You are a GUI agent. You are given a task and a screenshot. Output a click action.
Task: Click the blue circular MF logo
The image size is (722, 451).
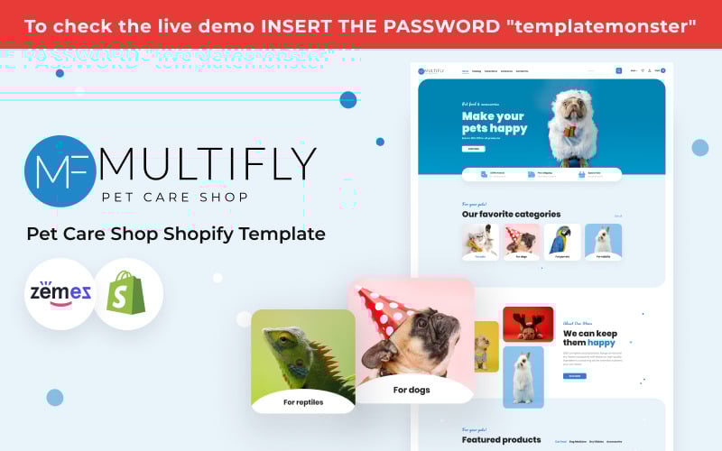coord(60,171)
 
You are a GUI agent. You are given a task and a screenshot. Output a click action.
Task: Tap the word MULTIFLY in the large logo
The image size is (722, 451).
coord(208,164)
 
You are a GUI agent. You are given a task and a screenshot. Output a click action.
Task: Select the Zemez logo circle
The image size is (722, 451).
coord(60,293)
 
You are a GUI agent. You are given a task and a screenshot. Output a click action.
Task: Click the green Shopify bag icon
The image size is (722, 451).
coord(127,293)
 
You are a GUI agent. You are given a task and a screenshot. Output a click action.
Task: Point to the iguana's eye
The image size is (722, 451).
coord(287,341)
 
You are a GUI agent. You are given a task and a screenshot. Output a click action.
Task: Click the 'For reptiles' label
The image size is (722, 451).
coord(303,402)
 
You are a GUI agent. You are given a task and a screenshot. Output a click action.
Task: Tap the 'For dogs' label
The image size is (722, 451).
coord(412,390)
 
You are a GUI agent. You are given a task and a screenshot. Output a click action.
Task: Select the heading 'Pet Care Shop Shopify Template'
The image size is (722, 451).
coord(175,234)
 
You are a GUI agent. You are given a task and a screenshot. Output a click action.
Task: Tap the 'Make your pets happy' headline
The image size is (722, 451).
coord(494,122)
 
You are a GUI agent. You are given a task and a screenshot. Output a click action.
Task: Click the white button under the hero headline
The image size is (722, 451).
coord(473,148)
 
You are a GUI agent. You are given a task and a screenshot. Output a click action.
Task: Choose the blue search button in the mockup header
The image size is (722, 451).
coord(619,70)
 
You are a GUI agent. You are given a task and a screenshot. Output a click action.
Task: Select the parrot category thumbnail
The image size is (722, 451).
coord(562,242)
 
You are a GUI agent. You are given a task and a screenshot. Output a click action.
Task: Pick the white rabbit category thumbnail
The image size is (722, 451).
coord(602,242)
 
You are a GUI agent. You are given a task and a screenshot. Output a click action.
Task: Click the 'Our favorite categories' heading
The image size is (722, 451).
coord(511,215)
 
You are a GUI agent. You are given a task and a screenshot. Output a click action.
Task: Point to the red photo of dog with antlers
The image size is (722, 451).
coord(528,324)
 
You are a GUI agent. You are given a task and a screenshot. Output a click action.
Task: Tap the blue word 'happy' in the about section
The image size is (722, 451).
coord(601,344)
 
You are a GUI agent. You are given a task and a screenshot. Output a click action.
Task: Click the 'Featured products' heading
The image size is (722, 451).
coord(501,440)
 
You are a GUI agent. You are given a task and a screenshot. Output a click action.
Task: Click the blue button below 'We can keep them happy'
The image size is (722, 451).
coord(574,375)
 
